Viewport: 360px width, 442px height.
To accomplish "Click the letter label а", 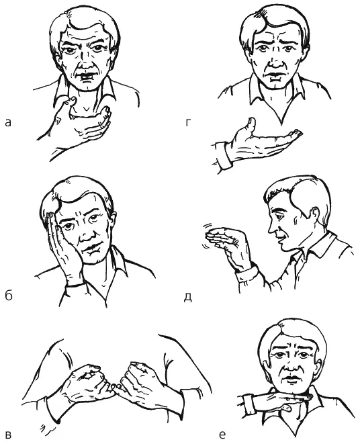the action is click(x=8, y=122).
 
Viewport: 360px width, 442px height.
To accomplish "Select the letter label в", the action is click(x=8, y=435).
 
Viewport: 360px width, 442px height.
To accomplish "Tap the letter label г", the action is click(x=188, y=122).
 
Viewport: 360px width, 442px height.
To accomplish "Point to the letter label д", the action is click(x=188, y=297).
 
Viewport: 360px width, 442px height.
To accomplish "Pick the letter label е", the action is click(x=222, y=435).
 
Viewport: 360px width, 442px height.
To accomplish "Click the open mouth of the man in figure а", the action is click(x=87, y=77).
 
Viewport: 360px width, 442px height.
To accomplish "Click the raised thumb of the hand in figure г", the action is click(x=251, y=124).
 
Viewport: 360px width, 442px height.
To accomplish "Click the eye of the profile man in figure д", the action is click(x=280, y=216).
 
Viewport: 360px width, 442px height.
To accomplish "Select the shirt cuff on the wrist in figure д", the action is click(x=247, y=272).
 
